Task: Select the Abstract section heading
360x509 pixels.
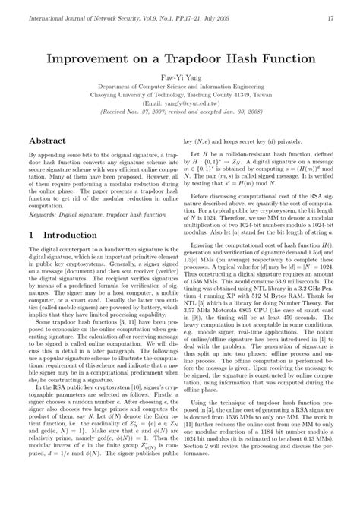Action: (46, 141)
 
